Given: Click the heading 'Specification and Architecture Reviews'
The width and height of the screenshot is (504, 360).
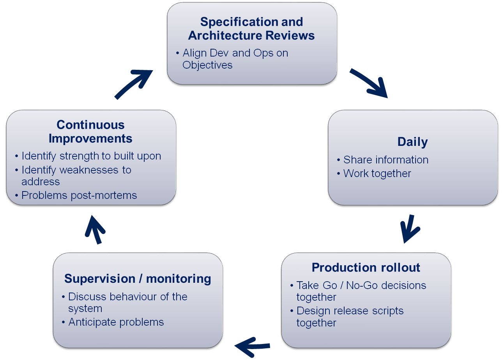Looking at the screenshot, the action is (251, 28).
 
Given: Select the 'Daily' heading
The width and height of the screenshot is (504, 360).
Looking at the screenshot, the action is (413, 142).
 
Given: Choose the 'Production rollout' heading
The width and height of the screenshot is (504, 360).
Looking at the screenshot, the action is (366, 268).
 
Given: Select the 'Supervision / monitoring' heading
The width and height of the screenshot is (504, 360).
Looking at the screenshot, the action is (138, 279).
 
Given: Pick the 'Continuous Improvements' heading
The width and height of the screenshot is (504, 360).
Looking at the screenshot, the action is (90, 131).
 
